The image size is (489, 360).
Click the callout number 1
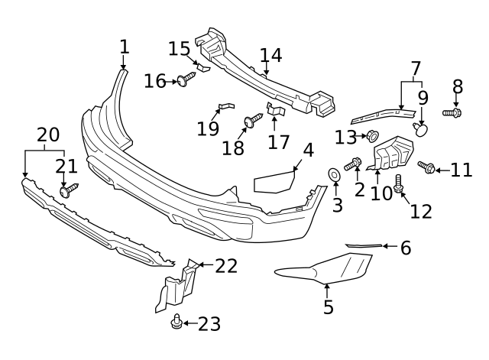point(124,47)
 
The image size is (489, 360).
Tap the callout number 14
point(270,55)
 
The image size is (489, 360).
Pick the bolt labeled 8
point(452,113)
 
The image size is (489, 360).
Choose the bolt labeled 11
point(426,167)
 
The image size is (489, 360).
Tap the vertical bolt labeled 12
point(399,183)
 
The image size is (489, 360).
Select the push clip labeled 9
point(420,129)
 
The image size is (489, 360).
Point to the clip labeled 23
point(176,323)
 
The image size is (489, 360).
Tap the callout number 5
point(329,307)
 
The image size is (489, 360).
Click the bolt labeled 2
point(355,164)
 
